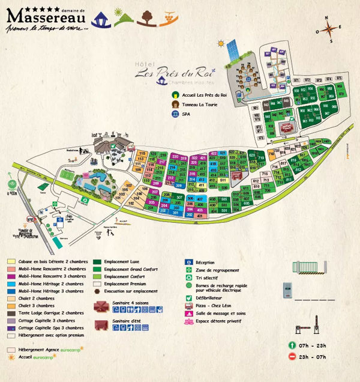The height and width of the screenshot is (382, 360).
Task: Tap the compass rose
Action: click(333, 28)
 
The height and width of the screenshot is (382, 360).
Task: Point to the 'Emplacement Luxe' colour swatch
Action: click(97, 262)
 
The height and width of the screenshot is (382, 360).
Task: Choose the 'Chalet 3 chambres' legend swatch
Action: click(11, 306)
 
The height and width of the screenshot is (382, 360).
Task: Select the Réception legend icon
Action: click(188, 262)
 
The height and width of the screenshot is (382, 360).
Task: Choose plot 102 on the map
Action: click(131, 204)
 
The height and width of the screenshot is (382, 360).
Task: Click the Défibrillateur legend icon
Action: click(188, 297)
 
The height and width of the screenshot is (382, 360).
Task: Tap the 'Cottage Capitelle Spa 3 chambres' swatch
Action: click(11, 328)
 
